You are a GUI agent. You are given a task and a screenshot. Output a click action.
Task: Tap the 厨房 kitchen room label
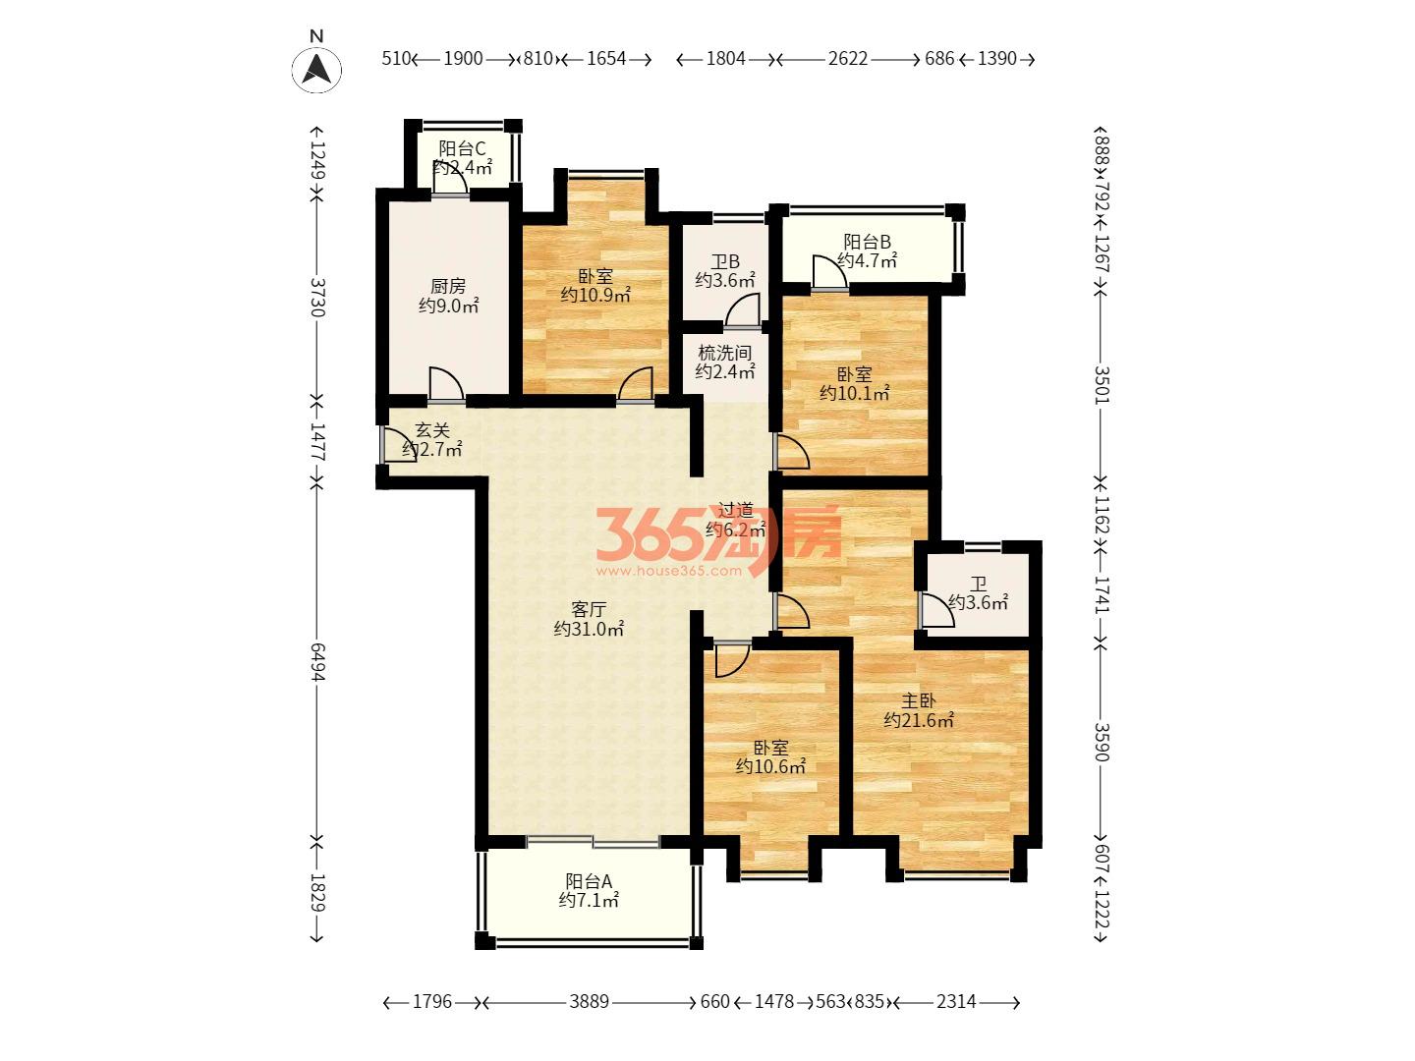tap(447, 285)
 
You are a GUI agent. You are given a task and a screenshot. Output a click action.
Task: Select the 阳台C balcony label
tap(462, 148)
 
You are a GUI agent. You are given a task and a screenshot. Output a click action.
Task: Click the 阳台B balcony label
tap(867, 242)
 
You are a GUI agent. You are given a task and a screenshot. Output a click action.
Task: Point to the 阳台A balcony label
tap(588, 880)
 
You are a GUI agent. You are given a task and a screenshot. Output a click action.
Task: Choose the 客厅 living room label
tap(589, 609)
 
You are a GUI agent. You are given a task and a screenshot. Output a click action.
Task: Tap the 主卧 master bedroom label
tap(918, 700)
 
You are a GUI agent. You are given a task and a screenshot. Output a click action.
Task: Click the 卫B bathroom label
tap(725, 261)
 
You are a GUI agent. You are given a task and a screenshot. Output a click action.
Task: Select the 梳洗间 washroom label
tap(725, 353)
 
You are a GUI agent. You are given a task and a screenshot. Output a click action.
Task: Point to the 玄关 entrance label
tap(432, 429)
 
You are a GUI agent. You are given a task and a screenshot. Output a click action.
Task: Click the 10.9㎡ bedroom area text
tap(595, 296)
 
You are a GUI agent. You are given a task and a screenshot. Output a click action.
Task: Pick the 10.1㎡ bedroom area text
tap(854, 393)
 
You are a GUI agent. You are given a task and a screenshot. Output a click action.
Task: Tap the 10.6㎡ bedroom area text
tap(770, 766)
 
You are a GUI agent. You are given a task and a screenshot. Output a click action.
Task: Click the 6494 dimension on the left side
tap(316, 661)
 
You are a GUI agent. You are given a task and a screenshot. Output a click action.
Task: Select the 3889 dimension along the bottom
tap(590, 1002)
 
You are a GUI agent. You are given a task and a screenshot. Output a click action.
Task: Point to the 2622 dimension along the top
tap(848, 59)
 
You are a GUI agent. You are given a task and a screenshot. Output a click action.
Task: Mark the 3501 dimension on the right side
tap(1102, 384)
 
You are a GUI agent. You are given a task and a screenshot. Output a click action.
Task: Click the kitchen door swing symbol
tap(446, 384)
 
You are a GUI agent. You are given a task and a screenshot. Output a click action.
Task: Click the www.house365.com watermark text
tap(669, 570)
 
